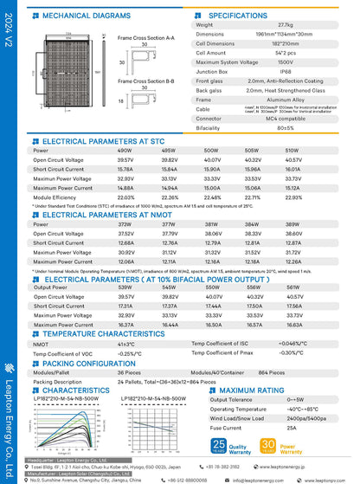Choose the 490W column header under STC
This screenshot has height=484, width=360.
pyautogui.click(x=150, y=150)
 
